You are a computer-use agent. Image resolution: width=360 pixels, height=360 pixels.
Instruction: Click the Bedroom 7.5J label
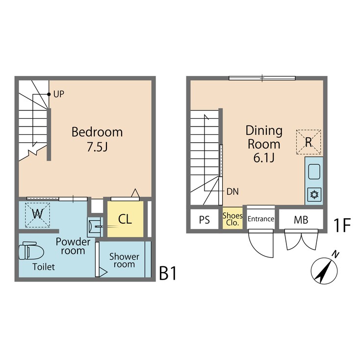(97, 139)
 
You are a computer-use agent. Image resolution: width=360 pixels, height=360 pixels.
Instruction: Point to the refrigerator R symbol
(309, 142)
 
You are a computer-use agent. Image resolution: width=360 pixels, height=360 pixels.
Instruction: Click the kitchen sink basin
(313, 173)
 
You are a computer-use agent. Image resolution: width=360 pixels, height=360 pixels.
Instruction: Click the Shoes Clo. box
(232, 219)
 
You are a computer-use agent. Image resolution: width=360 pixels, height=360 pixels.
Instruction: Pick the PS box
(205, 220)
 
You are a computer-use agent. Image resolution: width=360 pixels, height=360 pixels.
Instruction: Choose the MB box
(301, 220)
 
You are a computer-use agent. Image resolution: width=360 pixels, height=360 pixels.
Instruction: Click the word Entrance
(260, 219)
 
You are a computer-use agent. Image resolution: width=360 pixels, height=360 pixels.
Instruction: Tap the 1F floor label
(342, 225)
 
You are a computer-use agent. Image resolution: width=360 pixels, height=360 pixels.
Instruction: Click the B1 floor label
(167, 274)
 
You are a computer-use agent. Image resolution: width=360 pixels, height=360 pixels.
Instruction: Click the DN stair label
(232, 191)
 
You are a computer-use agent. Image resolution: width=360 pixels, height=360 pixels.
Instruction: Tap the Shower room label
(124, 260)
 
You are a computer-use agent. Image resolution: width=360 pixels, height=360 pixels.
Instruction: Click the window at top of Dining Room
(262, 77)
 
